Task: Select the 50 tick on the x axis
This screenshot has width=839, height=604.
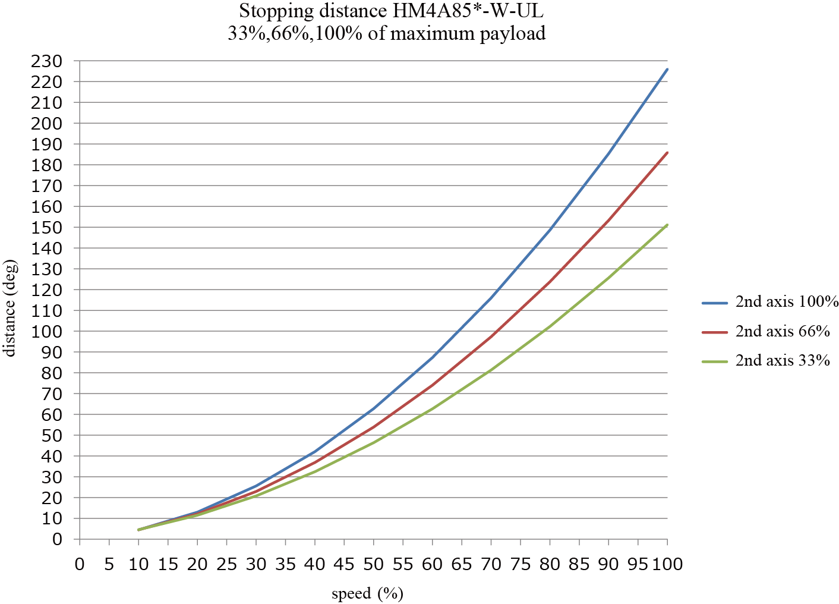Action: (373, 564)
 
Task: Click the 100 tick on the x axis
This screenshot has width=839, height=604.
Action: (667, 564)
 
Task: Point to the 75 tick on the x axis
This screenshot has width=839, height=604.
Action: (520, 564)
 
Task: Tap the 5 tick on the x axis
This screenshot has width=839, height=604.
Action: (109, 564)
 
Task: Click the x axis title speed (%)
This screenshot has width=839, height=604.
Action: (367, 593)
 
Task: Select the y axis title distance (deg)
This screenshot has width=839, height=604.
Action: (10, 308)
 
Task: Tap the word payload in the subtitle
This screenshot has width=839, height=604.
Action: (512, 33)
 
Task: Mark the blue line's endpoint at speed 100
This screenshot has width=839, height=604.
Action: (667, 69)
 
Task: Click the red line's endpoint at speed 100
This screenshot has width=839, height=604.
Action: (667, 153)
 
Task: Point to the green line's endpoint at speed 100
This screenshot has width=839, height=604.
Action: (667, 225)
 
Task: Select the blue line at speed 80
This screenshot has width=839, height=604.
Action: (550, 229)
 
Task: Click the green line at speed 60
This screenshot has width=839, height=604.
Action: (432, 408)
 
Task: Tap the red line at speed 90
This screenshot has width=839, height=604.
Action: (608, 220)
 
